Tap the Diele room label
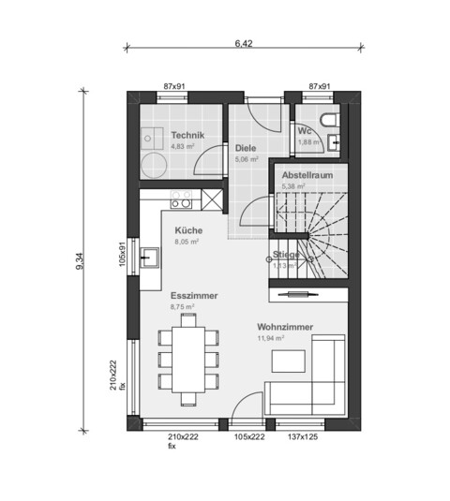(x=246, y=148)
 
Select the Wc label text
(x=306, y=131)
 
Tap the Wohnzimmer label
(x=285, y=328)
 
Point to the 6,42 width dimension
(x=243, y=42)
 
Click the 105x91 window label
(x=122, y=254)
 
